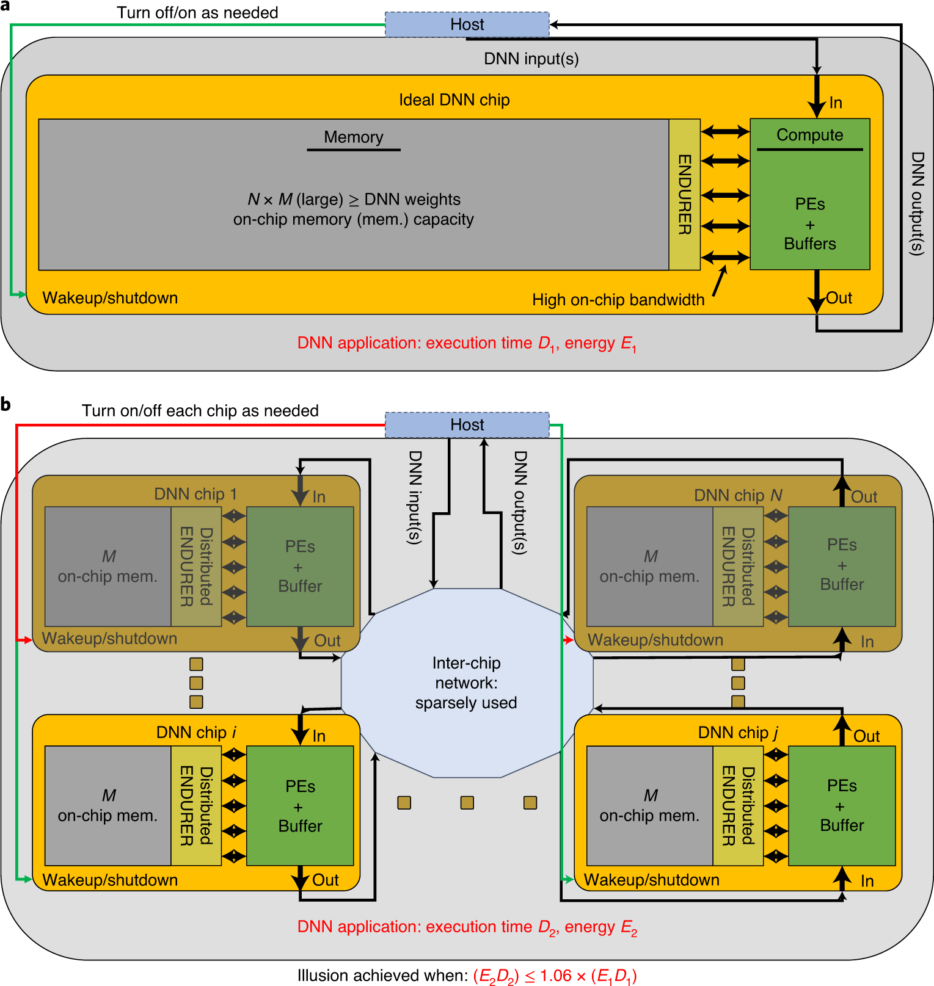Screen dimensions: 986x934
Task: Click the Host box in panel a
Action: point(467,24)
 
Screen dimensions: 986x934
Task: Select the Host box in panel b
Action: point(467,425)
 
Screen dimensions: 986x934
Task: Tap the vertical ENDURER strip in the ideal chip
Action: point(684,194)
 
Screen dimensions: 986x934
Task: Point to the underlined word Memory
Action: point(353,137)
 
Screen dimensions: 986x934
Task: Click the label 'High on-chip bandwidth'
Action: point(618,300)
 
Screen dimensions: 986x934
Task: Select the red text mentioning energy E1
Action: point(467,344)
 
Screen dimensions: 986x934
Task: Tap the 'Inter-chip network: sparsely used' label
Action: point(466,683)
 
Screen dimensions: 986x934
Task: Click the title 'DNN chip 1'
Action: point(195,494)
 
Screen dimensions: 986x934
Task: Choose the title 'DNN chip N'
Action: point(738,495)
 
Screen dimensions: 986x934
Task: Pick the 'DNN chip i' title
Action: point(196,733)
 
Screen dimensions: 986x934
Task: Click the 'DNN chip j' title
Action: point(738,733)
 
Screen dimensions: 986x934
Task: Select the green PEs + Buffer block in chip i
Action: point(300,806)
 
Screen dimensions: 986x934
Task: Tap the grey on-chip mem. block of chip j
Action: point(649,806)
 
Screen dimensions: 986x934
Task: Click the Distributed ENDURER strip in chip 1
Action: point(196,567)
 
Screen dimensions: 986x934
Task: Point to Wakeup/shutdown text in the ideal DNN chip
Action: point(110,298)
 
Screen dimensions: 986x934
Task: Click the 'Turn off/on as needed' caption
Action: point(197,13)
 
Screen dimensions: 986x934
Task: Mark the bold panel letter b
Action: point(6,404)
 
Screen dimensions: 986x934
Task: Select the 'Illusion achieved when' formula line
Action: point(467,976)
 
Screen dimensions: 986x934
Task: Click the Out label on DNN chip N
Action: point(864,497)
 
